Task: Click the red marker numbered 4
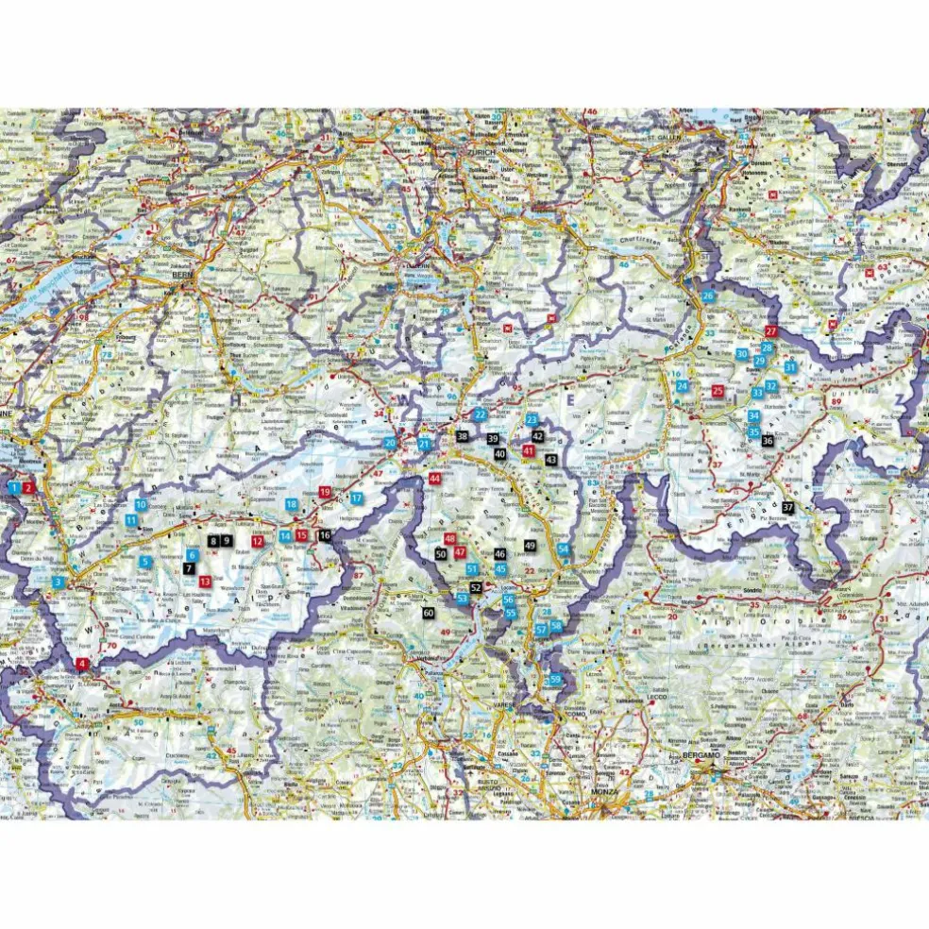point(82,664)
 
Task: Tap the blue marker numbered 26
point(708,296)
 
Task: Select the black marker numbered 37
point(787,508)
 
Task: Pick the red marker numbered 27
point(770,331)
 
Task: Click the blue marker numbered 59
point(556,680)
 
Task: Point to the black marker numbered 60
point(429,614)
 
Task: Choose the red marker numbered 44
point(434,479)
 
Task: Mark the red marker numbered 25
point(718,390)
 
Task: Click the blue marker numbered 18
point(292,505)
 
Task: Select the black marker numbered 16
point(325,535)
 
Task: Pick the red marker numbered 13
point(205,582)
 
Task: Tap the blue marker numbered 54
point(564,549)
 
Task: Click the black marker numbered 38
point(462,436)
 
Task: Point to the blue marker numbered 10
point(140,505)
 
